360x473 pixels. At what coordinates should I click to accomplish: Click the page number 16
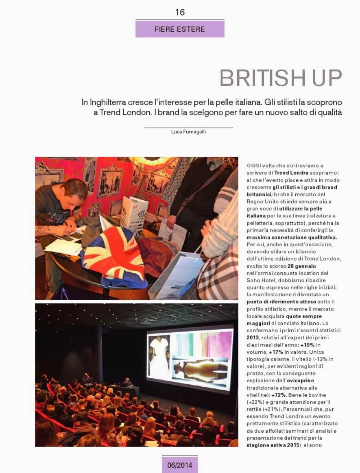click(x=180, y=12)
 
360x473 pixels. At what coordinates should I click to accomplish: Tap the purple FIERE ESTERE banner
click(x=180, y=29)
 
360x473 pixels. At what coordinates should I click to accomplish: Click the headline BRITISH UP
click(x=281, y=78)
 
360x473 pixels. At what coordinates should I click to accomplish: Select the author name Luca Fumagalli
click(x=188, y=131)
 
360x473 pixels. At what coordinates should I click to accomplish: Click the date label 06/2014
click(x=180, y=464)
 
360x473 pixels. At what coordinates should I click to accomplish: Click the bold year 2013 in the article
click(x=253, y=337)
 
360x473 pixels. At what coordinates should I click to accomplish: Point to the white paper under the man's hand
click(x=63, y=246)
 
